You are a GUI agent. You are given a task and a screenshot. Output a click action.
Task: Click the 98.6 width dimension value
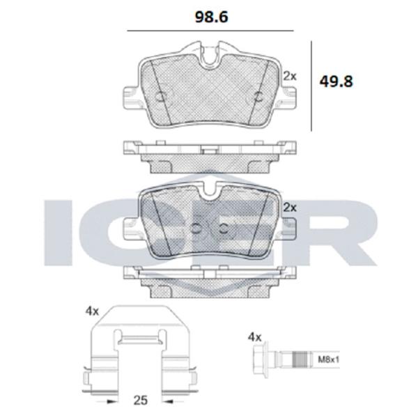(x=211, y=17)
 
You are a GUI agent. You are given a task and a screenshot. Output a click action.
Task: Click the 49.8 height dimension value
(x=336, y=82)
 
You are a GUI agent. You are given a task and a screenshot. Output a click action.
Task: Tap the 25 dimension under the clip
(x=140, y=400)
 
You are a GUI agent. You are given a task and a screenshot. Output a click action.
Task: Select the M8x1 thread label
(x=328, y=360)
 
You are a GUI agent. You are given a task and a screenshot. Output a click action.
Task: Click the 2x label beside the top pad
(x=290, y=77)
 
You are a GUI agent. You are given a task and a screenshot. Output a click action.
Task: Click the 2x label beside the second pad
(x=290, y=208)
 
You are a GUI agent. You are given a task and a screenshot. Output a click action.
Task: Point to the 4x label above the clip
(x=92, y=311)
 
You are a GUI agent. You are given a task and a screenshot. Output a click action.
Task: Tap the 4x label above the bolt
(x=254, y=337)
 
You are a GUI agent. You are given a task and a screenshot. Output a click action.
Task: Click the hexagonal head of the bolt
(x=261, y=359)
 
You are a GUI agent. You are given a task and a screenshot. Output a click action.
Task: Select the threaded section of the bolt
(x=302, y=359)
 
